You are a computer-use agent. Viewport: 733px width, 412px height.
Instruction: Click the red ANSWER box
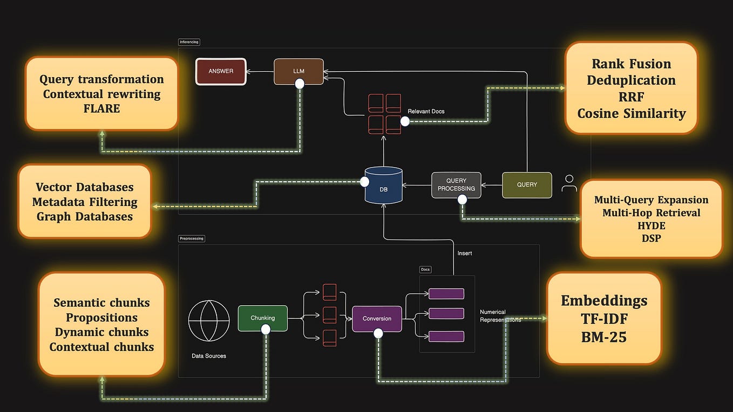tap(221, 71)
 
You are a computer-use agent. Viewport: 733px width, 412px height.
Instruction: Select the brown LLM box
tap(298, 71)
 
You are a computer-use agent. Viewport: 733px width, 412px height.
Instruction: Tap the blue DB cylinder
tap(383, 186)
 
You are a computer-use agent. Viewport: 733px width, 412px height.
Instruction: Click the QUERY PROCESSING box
tap(456, 184)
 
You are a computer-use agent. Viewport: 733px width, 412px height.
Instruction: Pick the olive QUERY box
tap(527, 184)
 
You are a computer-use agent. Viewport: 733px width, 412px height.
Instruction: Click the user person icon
tap(569, 183)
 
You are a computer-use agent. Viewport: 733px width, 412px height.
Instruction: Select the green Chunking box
tap(263, 318)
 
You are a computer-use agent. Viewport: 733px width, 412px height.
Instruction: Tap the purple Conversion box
tap(377, 318)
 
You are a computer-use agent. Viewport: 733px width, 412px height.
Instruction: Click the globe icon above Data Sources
tap(209, 320)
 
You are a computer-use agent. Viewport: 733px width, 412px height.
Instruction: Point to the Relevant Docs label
tap(426, 112)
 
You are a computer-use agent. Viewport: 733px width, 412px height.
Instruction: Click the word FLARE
tap(101, 108)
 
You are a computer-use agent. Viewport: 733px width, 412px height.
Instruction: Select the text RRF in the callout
tap(631, 97)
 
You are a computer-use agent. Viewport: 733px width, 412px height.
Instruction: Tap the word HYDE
tap(651, 225)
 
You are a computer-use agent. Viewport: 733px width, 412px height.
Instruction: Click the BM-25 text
tap(604, 337)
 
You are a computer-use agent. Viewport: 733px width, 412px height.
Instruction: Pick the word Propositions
tap(101, 318)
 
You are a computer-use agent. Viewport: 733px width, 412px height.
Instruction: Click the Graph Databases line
tap(85, 216)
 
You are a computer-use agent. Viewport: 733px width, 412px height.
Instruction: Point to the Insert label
tap(465, 253)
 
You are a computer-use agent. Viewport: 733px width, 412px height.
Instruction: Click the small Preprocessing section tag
tap(192, 238)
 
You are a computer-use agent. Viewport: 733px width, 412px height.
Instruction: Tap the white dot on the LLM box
tap(300, 84)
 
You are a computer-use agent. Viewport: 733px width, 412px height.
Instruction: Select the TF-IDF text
tap(604, 319)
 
